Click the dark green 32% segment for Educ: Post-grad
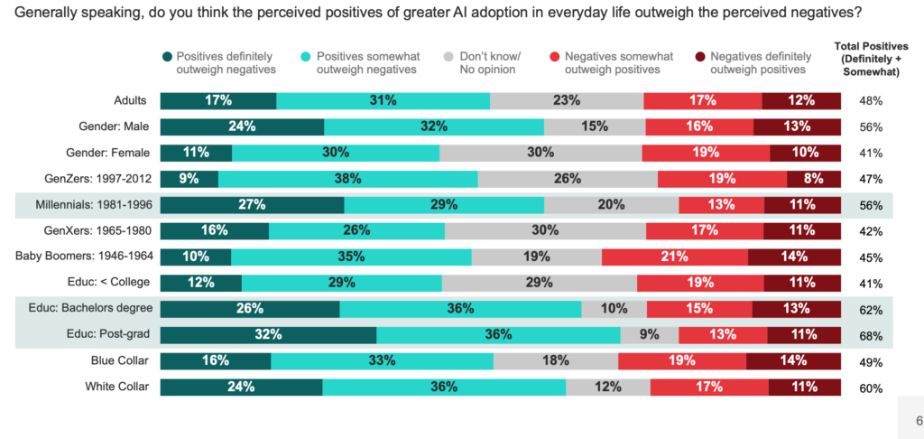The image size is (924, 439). click(x=268, y=335)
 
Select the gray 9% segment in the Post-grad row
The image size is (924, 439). click(x=650, y=335)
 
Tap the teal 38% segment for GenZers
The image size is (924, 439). click(x=347, y=178)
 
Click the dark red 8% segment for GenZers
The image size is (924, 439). click(x=814, y=178)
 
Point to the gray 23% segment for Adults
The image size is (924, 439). click(x=567, y=100)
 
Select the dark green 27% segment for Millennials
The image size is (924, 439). click(x=252, y=204)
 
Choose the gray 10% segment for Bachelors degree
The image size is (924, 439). click(x=614, y=309)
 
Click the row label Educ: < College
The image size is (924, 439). click(x=106, y=283)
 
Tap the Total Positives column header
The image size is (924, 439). click(x=872, y=56)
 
